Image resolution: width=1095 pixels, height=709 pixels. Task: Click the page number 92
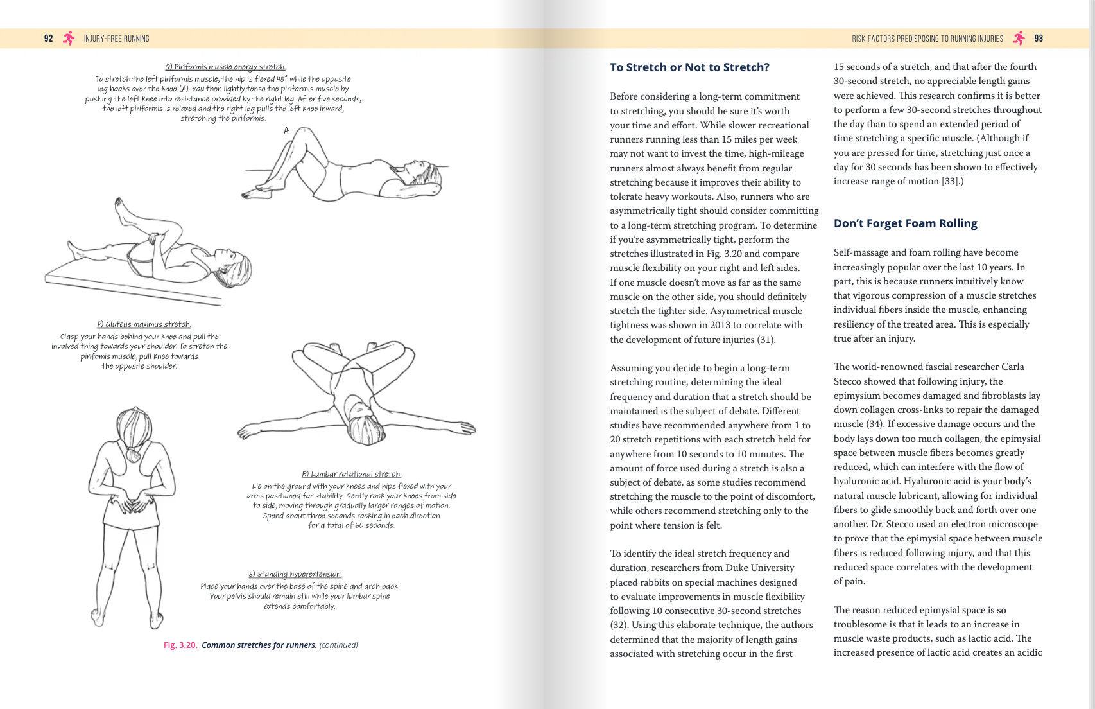(x=48, y=39)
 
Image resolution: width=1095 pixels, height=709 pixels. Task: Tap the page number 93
(x=1039, y=39)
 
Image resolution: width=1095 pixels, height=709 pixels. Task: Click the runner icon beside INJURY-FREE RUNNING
(x=69, y=39)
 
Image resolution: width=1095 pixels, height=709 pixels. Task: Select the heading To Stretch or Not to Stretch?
(x=689, y=67)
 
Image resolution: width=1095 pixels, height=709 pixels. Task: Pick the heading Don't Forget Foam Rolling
(x=905, y=223)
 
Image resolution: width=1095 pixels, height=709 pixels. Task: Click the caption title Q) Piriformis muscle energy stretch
(x=225, y=67)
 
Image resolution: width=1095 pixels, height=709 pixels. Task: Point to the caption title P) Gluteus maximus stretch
(x=144, y=324)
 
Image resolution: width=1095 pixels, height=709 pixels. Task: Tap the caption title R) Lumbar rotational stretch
(x=351, y=474)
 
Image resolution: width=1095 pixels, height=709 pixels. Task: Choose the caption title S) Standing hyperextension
(x=295, y=574)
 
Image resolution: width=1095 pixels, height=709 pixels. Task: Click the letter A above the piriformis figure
(x=286, y=130)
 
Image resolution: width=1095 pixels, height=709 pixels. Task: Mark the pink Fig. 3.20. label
(x=180, y=645)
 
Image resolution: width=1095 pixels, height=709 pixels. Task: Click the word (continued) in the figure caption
(x=338, y=645)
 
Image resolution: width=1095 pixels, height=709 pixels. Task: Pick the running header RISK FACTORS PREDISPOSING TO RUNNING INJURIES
(x=927, y=39)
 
